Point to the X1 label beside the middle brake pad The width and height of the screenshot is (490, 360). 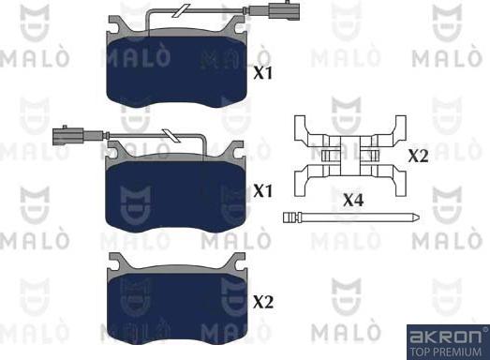(265, 190)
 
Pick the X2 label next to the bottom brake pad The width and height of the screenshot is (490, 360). (265, 302)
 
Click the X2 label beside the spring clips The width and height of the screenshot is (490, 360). (418, 156)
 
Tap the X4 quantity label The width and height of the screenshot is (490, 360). (353, 200)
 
